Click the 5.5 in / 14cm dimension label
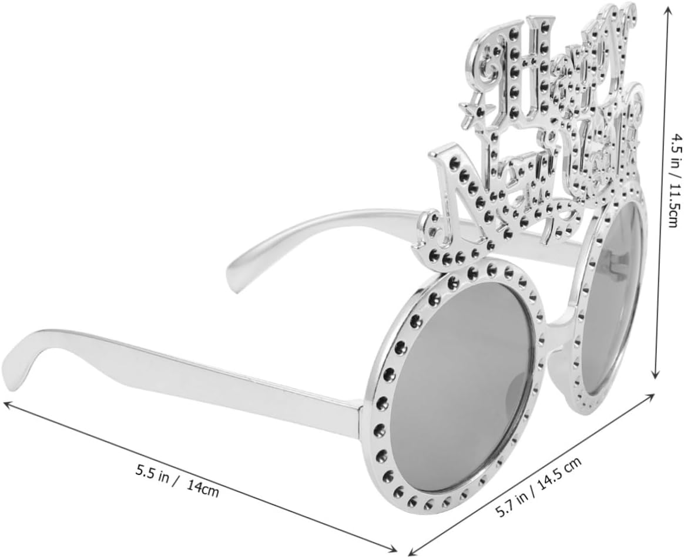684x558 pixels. pyautogui.click(x=177, y=482)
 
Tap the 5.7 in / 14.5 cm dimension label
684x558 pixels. pyautogui.click(x=539, y=488)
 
